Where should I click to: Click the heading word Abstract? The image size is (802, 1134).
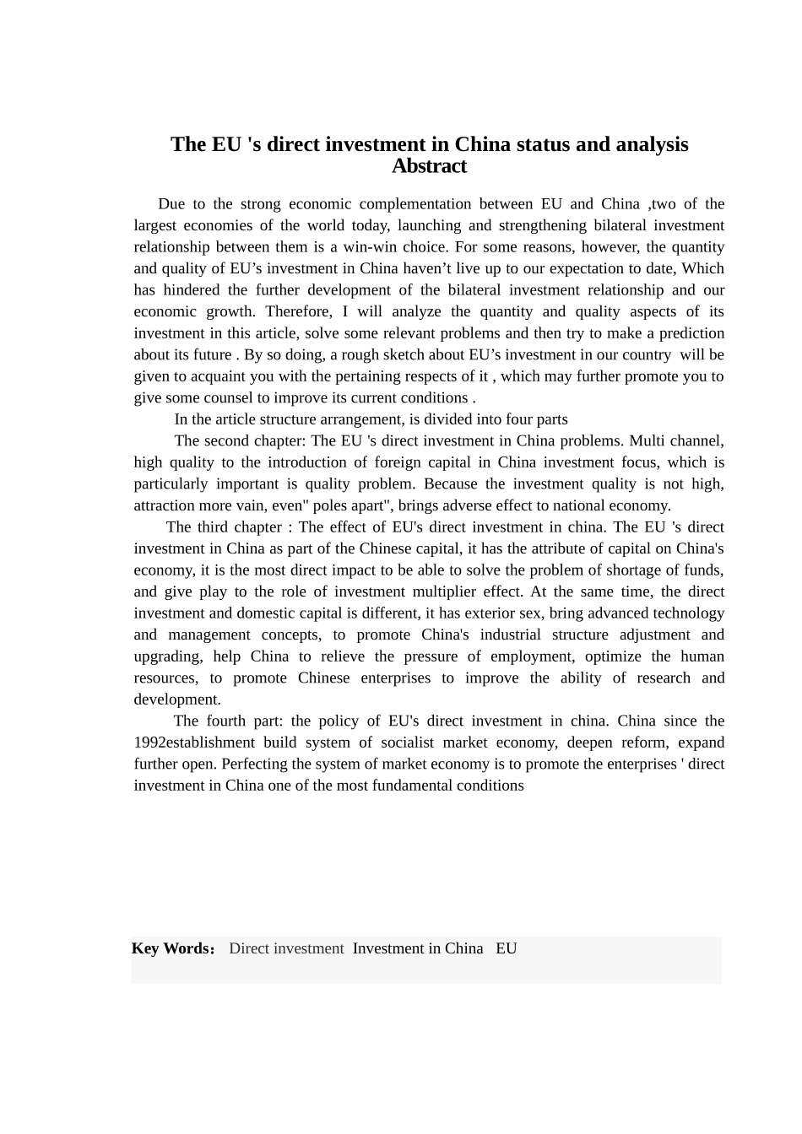coord(429,166)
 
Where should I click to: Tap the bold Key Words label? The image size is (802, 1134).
coord(172,948)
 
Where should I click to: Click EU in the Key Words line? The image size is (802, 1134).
coord(507,948)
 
